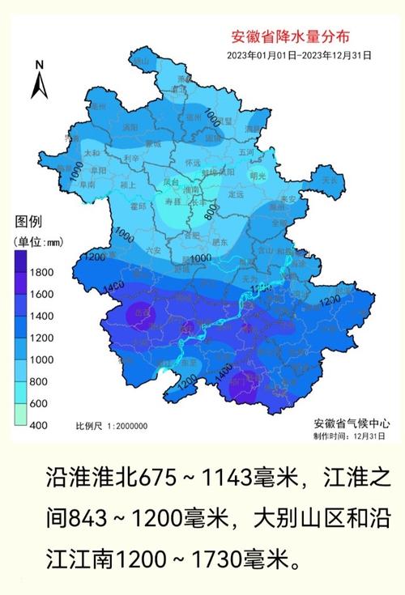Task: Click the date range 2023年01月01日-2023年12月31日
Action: [x=300, y=55]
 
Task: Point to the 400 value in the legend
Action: [x=39, y=425]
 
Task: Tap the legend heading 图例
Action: [x=28, y=222]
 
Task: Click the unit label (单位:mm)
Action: [x=37, y=240]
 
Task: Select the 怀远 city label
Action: [x=192, y=163]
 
